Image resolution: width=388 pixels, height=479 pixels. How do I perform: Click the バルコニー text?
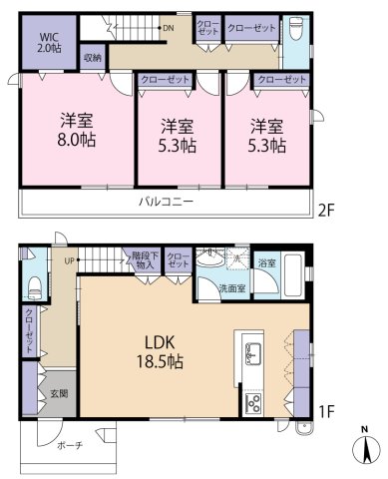coord(165,202)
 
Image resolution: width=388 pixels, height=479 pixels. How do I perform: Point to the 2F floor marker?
coord(324,211)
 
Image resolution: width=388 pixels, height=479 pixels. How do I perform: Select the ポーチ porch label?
coord(69,444)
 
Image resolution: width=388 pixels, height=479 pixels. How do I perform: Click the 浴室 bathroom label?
coord(266,263)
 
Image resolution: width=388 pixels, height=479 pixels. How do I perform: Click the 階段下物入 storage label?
coord(144,260)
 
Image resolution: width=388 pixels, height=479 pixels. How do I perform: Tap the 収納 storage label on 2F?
coord(92,59)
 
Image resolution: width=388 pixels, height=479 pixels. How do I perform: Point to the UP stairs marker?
coord(70,261)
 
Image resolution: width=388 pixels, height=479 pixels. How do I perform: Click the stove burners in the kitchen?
coord(252,403)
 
